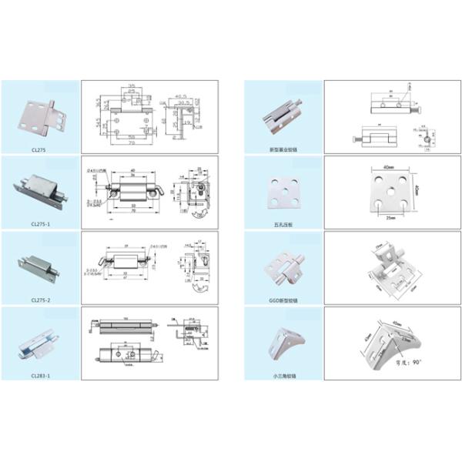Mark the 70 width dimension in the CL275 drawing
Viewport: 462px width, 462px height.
[x=132, y=144]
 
